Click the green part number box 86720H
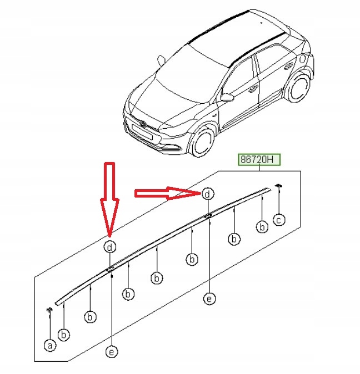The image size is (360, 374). click(259, 159)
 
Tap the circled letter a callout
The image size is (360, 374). click(50, 345)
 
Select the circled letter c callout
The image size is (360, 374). click(279, 220)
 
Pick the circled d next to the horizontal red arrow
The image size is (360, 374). click(208, 194)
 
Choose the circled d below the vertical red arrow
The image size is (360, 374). click(110, 247)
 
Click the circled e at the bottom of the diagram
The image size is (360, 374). click(112, 352)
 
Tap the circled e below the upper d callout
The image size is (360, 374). click(209, 299)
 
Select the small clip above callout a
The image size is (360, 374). click(49, 310)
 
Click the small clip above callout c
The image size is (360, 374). click(278, 185)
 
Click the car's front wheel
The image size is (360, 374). click(202, 141)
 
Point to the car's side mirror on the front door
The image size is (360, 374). click(227, 97)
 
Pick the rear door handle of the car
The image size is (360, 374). click(289, 65)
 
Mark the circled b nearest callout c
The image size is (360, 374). click(262, 226)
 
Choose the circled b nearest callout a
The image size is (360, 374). click(64, 335)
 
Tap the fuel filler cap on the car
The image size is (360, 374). click(302, 59)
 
